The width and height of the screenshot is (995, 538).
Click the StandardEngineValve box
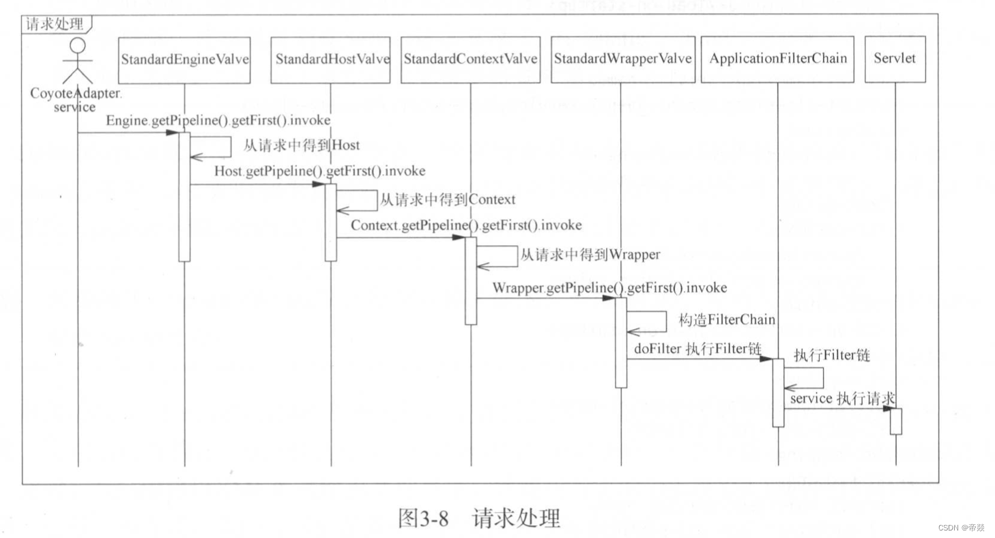(184, 59)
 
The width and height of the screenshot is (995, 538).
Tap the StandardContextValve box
(471, 59)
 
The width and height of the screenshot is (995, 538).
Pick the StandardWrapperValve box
(622, 59)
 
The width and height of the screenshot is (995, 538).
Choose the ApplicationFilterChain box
(777, 59)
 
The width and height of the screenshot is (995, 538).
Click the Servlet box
(895, 59)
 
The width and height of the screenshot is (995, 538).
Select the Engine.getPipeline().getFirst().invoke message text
(218, 120)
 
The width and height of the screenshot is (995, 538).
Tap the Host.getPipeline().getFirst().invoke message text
(319, 171)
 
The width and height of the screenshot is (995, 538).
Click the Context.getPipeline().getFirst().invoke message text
(466, 225)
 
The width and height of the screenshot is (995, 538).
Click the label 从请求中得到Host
(301, 145)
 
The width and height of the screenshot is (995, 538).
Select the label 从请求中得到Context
(447, 200)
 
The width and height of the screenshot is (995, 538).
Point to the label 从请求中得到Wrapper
(590, 255)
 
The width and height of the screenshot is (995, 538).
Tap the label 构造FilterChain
(727, 320)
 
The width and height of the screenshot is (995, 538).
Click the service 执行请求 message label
(842, 399)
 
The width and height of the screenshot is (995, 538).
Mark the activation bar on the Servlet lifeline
(895, 421)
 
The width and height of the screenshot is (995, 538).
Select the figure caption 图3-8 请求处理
(478, 518)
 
